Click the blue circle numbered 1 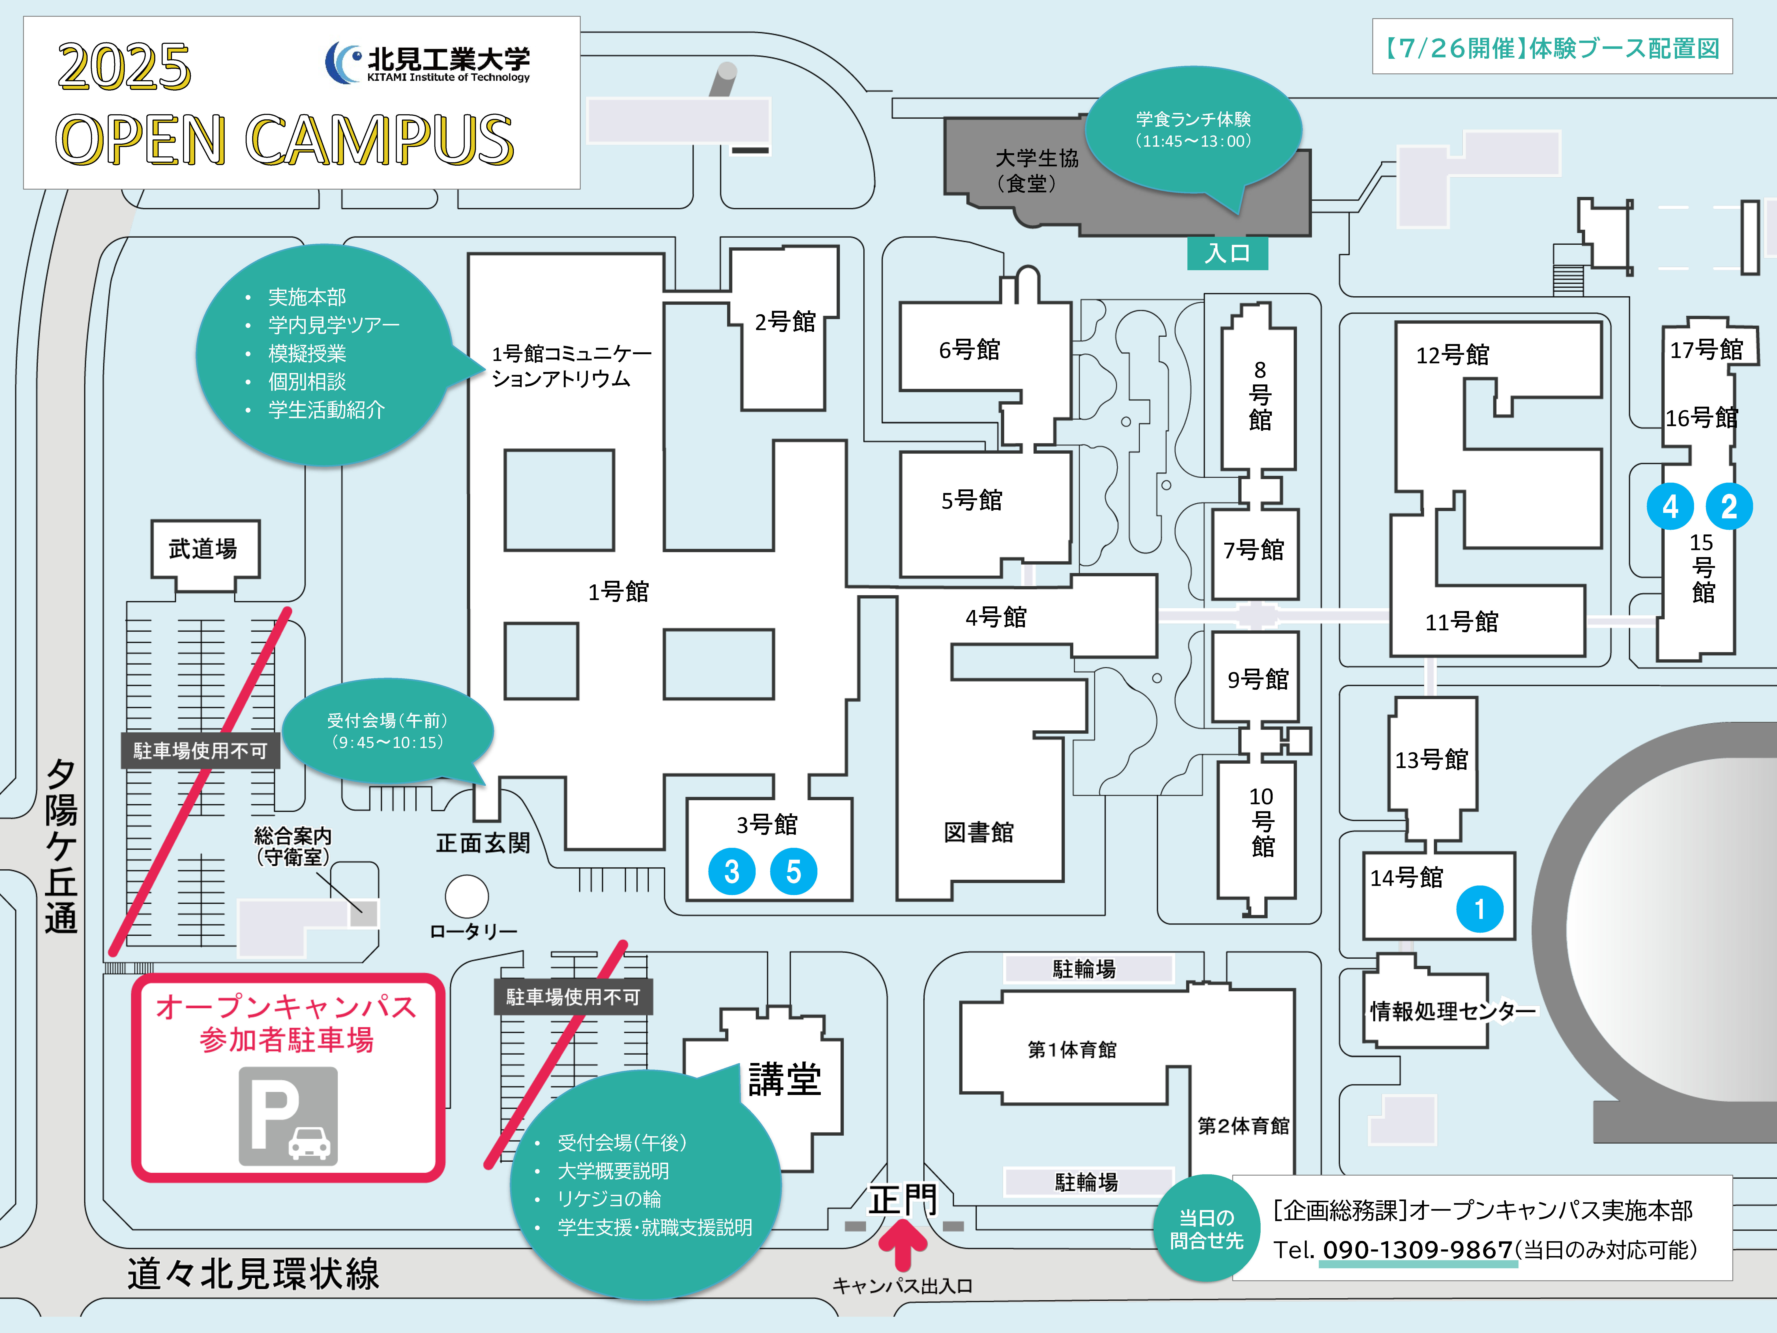[1479, 909]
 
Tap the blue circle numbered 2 [1729, 506]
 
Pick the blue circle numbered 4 [1670, 506]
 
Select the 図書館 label [978, 832]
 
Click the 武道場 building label [203, 549]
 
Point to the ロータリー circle [467, 896]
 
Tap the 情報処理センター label [1452, 1011]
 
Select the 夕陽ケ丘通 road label [61, 846]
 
